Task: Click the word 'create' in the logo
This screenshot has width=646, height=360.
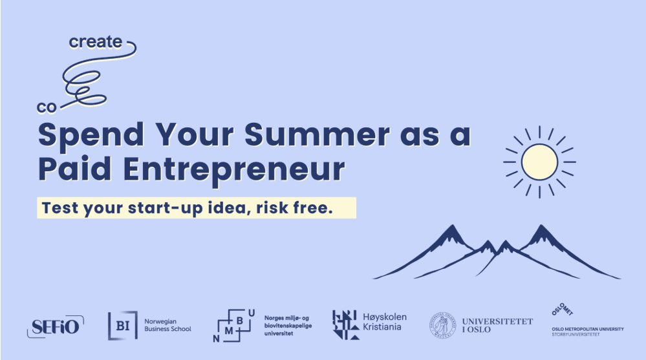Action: point(96,41)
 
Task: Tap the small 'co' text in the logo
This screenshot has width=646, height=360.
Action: point(46,107)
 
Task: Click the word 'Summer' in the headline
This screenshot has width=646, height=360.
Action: point(318,134)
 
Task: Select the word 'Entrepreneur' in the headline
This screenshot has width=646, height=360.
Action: point(233,170)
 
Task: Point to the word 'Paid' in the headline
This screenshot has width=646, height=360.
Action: point(74,169)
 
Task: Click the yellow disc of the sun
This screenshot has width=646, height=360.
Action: point(539,162)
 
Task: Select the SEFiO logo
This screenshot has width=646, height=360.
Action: point(56,326)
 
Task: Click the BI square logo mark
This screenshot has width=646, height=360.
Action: point(123,325)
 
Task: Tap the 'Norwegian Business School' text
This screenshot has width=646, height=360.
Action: point(167,325)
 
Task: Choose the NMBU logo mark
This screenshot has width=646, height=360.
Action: point(233,325)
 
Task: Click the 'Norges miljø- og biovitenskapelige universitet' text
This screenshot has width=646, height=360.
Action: point(288,325)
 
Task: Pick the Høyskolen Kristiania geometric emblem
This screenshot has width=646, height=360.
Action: point(345,325)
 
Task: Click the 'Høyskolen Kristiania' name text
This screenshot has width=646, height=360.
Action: point(384,322)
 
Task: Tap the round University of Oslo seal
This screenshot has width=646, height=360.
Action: point(442,325)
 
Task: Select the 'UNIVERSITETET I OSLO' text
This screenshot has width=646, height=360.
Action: point(497,325)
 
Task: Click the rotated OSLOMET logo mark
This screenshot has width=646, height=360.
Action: point(563,310)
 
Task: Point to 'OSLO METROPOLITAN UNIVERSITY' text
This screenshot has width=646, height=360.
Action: point(588,329)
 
